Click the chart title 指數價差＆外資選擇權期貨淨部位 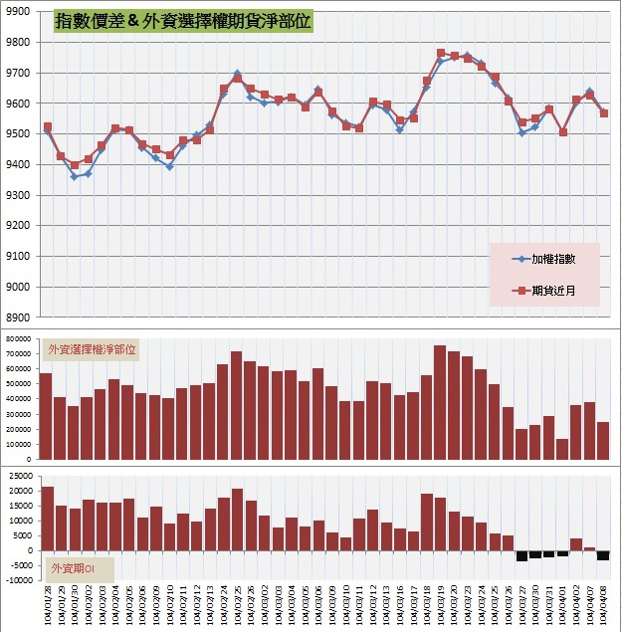tap(183, 21)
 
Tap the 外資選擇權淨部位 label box tap(93, 349)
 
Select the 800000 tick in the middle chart tap(17, 339)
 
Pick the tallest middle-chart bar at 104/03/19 tap(440, 402)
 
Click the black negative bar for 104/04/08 tap(603, 555)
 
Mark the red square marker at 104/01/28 tap(47, 127)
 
